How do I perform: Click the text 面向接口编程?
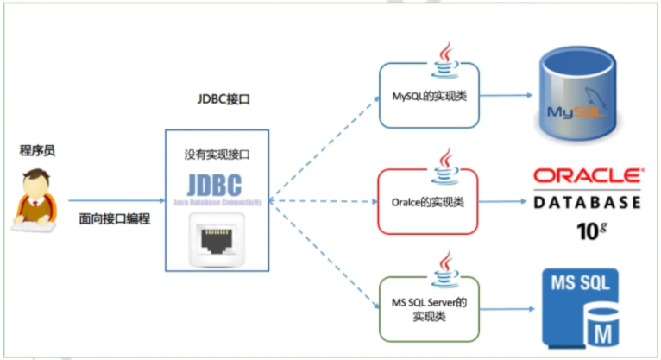114,218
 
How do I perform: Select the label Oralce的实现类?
428,202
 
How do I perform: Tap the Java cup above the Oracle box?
445,161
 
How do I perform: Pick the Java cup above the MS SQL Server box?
445,266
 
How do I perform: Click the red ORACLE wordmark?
588,174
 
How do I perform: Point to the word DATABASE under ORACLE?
588,203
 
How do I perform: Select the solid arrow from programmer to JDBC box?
116,200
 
